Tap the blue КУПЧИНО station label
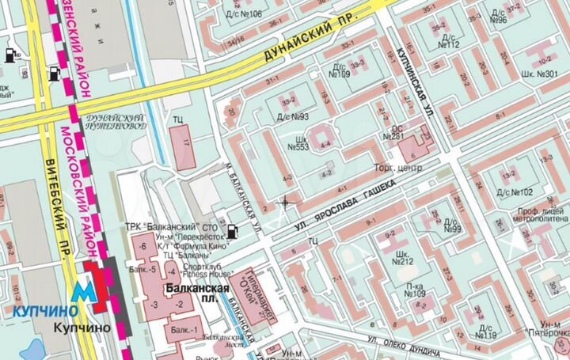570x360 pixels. pos(36,310)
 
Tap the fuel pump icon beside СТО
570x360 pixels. pos(231,231)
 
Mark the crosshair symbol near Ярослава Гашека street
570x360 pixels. pos(284,203)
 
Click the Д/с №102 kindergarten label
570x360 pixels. pos(514,191)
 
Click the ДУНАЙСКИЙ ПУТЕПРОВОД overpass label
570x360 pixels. pos(117,119)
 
